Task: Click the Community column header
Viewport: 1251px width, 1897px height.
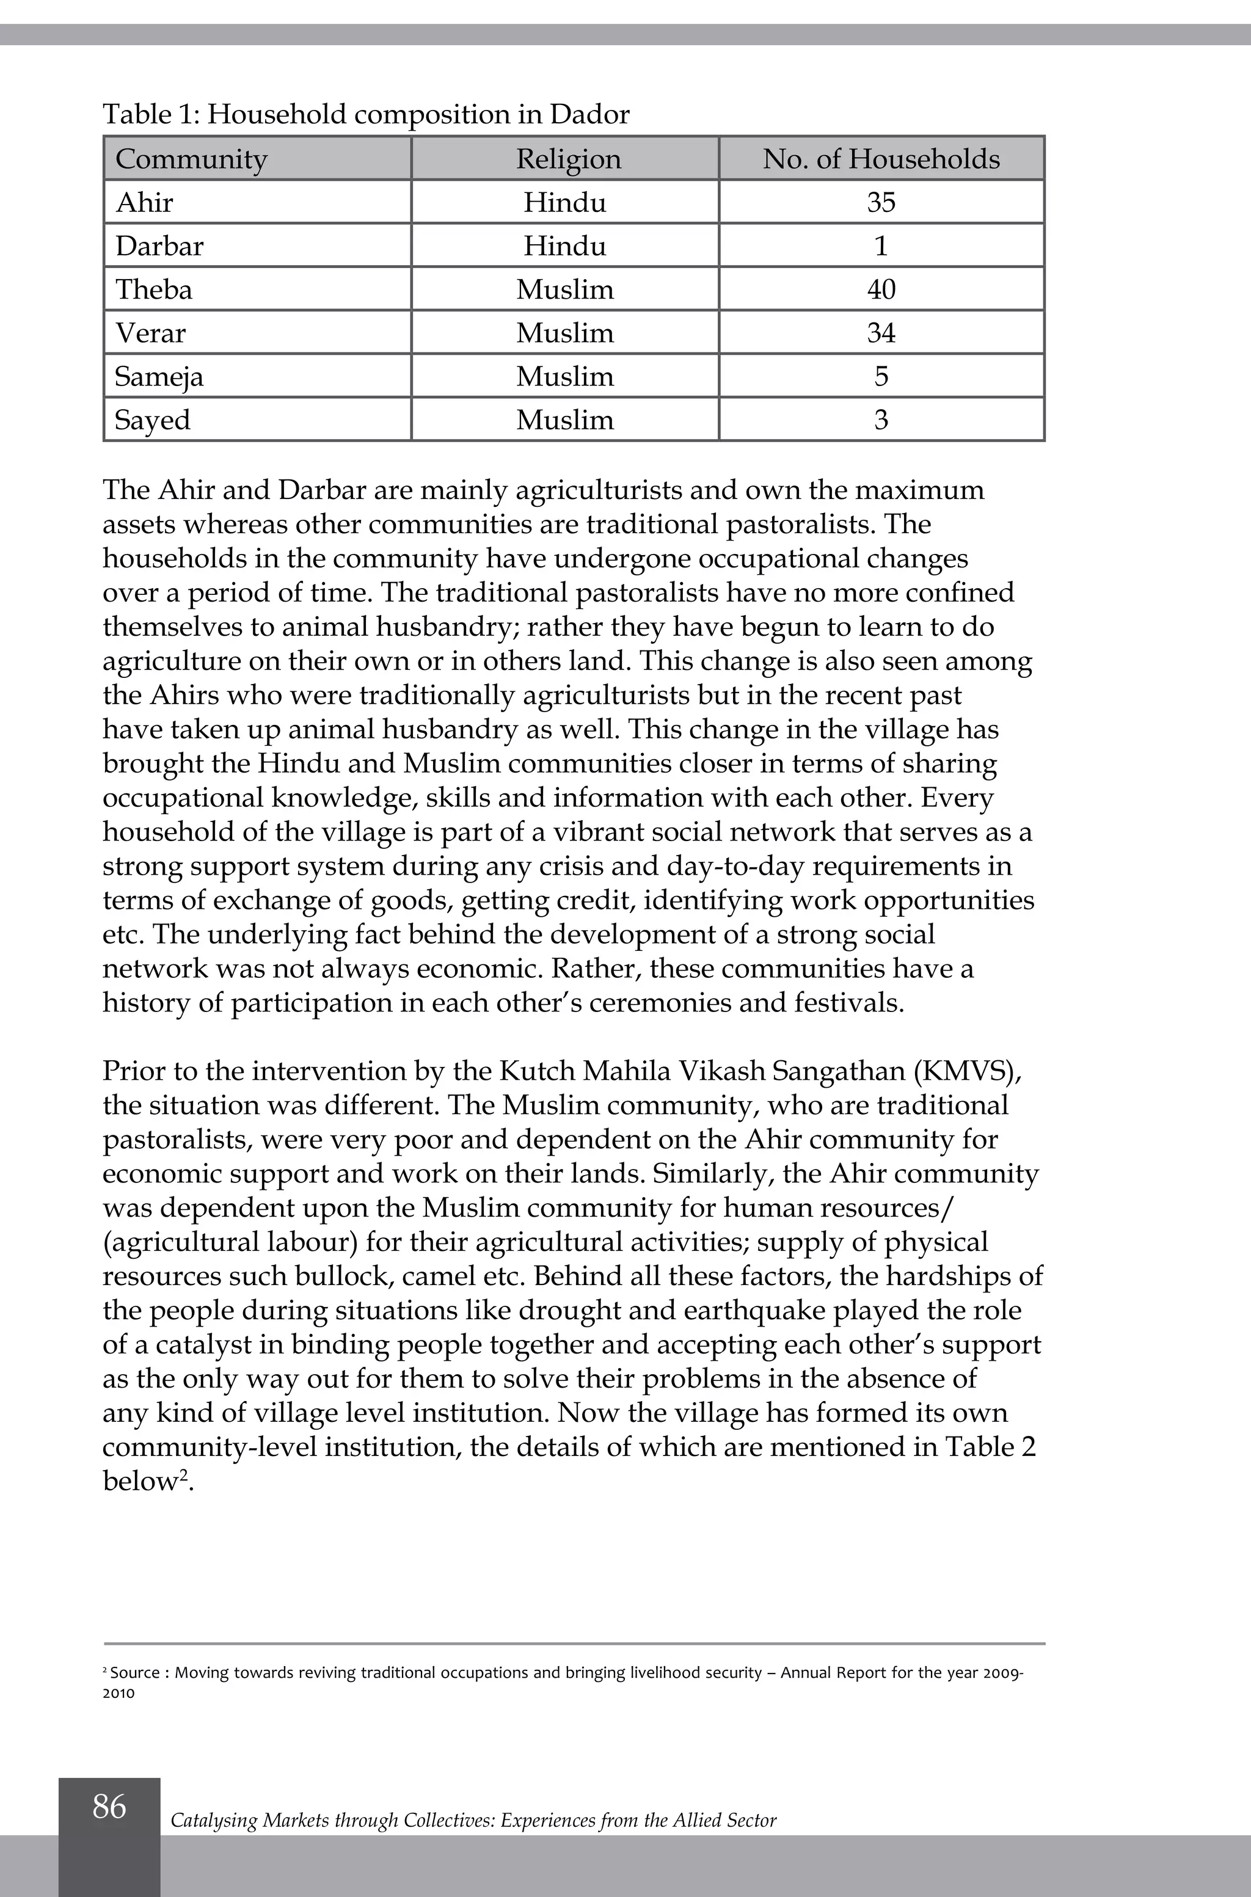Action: coord(191,159)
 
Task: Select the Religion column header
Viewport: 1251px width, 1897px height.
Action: coord(568,159)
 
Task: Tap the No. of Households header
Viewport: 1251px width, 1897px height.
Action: coord(881,159)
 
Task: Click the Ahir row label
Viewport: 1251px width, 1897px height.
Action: coord(144,203)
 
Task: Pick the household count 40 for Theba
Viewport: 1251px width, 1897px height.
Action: coord(881,289)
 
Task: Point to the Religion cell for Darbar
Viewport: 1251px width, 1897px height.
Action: coord(565,246)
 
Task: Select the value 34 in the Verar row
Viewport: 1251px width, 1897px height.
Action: coord(881,333)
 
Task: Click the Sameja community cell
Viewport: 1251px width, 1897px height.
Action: coord(159,376)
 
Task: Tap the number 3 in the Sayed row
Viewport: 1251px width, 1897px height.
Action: coord(881,420)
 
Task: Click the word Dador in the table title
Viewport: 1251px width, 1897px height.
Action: coord(589,115)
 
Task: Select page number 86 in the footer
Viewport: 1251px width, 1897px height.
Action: coord(109,1806)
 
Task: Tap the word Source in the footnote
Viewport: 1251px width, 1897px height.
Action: coord(135,1673)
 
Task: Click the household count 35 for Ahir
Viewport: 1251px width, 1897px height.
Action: coord(881,203)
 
